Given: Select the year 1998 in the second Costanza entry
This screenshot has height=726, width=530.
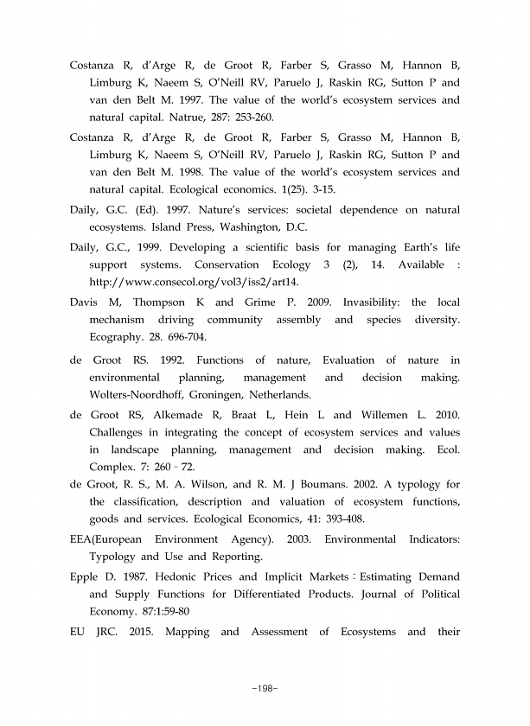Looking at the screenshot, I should [200, 172].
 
